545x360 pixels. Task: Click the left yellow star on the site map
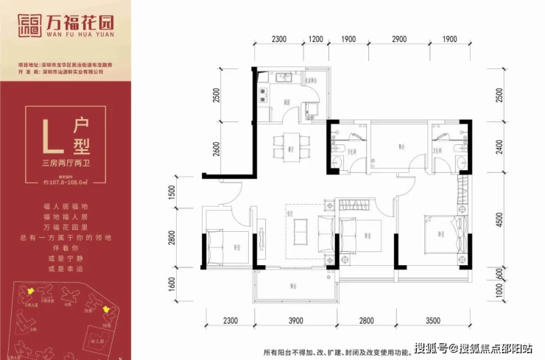coord(31,293)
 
